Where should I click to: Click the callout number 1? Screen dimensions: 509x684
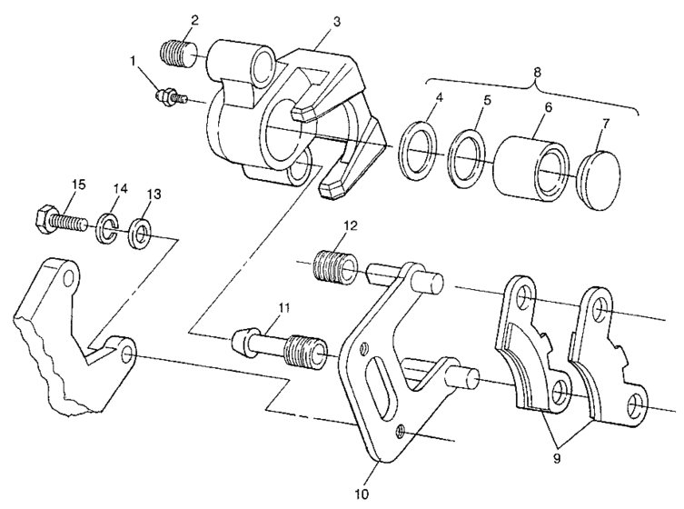[x=135, y=63]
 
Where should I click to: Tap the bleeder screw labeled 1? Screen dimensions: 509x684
[x=169, y=95]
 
